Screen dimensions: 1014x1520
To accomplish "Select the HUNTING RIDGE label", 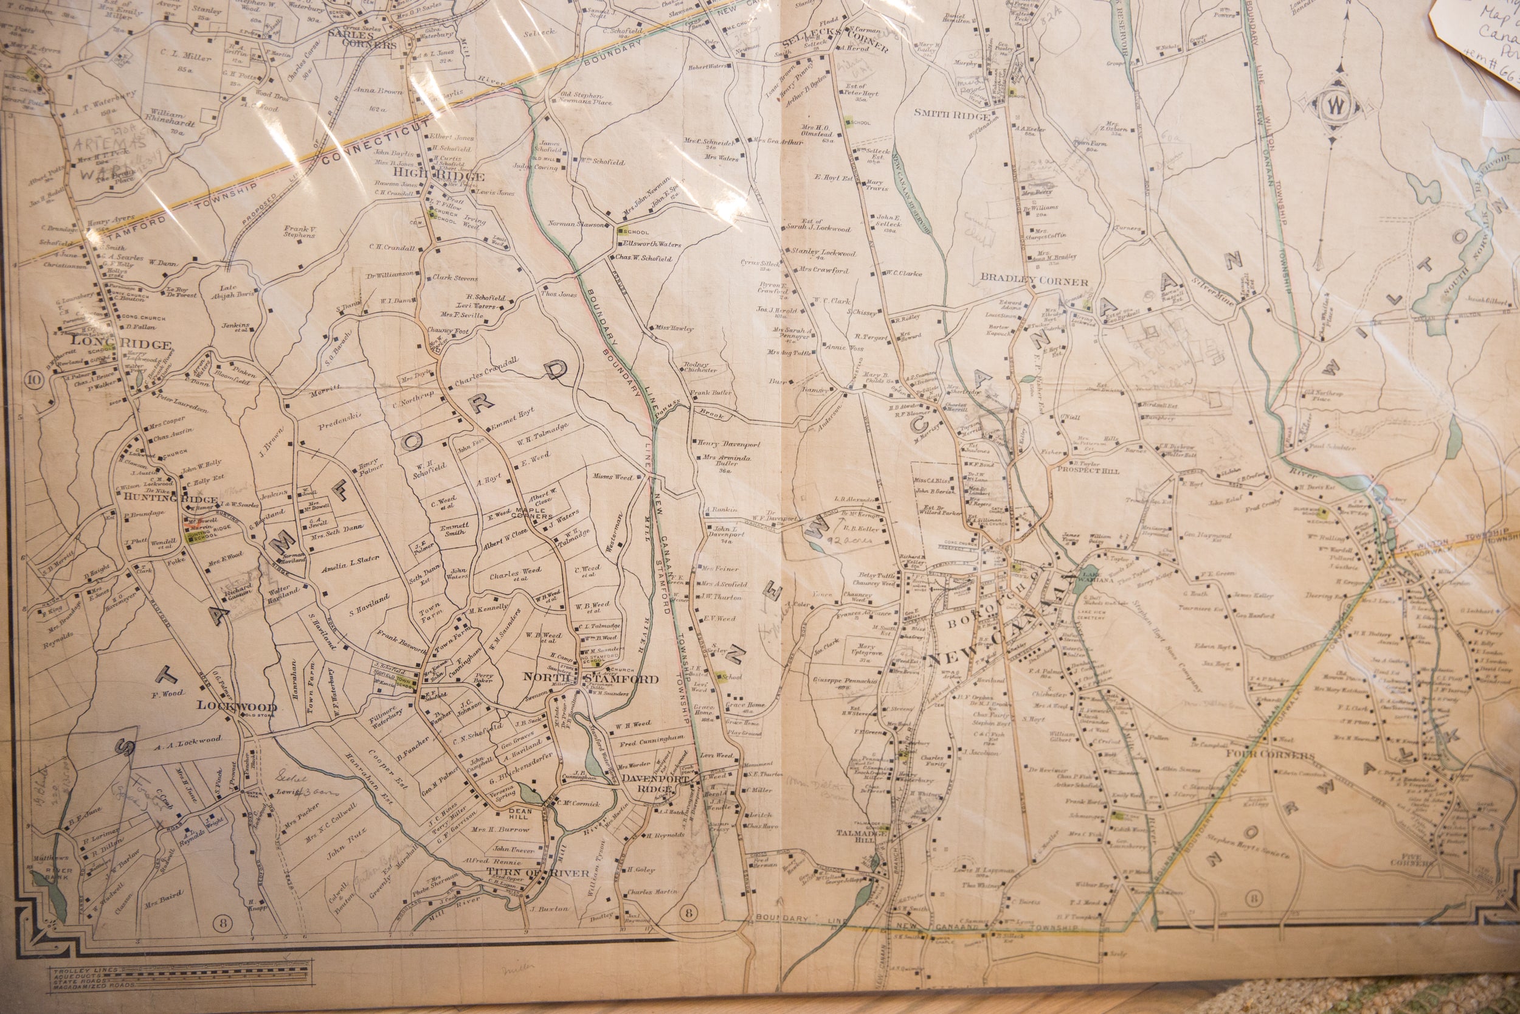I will (x=165, y=499).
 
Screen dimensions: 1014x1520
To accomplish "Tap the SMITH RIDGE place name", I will (x=951, y=114).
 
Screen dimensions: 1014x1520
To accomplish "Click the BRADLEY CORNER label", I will (x=1034, y=282).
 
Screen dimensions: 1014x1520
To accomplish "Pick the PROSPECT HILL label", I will (x=1083, y=470).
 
